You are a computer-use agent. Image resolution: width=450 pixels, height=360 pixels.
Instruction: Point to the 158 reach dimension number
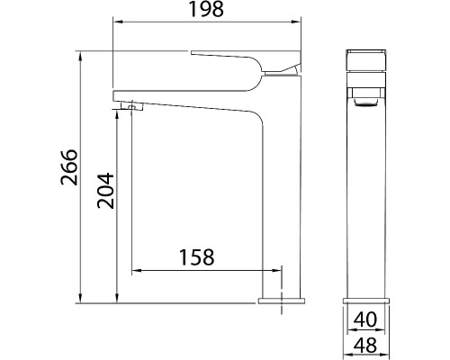[195, 257]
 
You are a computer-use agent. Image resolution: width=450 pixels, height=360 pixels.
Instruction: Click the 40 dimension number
[364, 318]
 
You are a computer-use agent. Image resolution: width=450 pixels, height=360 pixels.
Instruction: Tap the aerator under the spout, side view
[131, 106]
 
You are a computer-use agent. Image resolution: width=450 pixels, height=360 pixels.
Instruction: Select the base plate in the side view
[282, 301]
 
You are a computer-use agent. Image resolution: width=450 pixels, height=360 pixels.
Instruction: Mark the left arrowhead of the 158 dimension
[136, 269]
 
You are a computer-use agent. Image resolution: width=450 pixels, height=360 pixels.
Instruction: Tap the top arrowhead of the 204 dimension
[117, 115]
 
